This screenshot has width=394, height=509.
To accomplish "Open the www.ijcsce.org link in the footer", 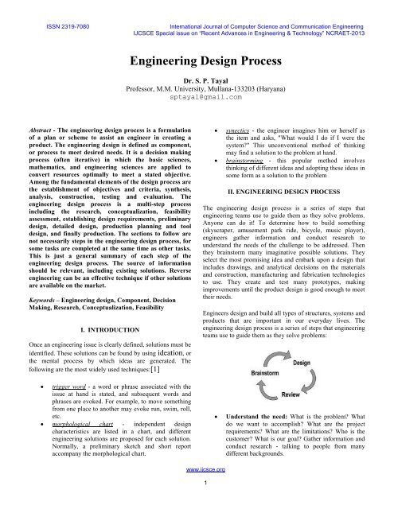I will (197, 491).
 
